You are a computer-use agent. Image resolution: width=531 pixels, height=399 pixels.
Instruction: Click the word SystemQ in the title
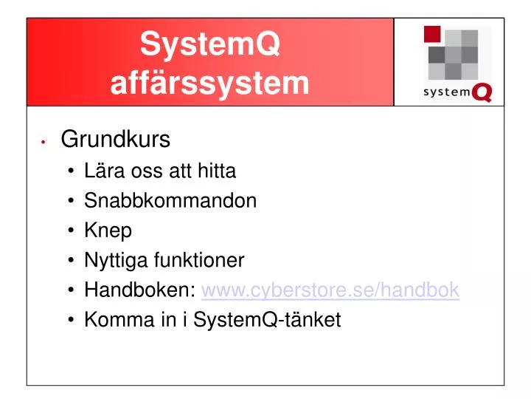tap(210, 46)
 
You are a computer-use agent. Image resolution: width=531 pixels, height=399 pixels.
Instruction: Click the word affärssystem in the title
tap(210, 83)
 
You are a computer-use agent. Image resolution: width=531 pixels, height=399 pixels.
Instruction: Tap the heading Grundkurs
tap(116, 139)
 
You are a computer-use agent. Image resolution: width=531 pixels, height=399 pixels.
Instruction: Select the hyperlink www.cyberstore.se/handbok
tap(330, 290)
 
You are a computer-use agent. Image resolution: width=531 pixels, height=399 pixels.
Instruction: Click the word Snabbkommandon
tap(170, 201)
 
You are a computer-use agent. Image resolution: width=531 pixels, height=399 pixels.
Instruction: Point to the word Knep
tap(108, 231)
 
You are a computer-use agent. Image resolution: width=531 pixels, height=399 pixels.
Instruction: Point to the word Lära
tap(103, 171)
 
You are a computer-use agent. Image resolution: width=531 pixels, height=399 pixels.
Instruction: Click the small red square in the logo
tap(432, 34)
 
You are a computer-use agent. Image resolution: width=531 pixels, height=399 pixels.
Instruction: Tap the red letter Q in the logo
tap(482, 92)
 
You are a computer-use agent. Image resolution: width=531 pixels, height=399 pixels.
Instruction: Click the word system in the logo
tap(446, 92)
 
